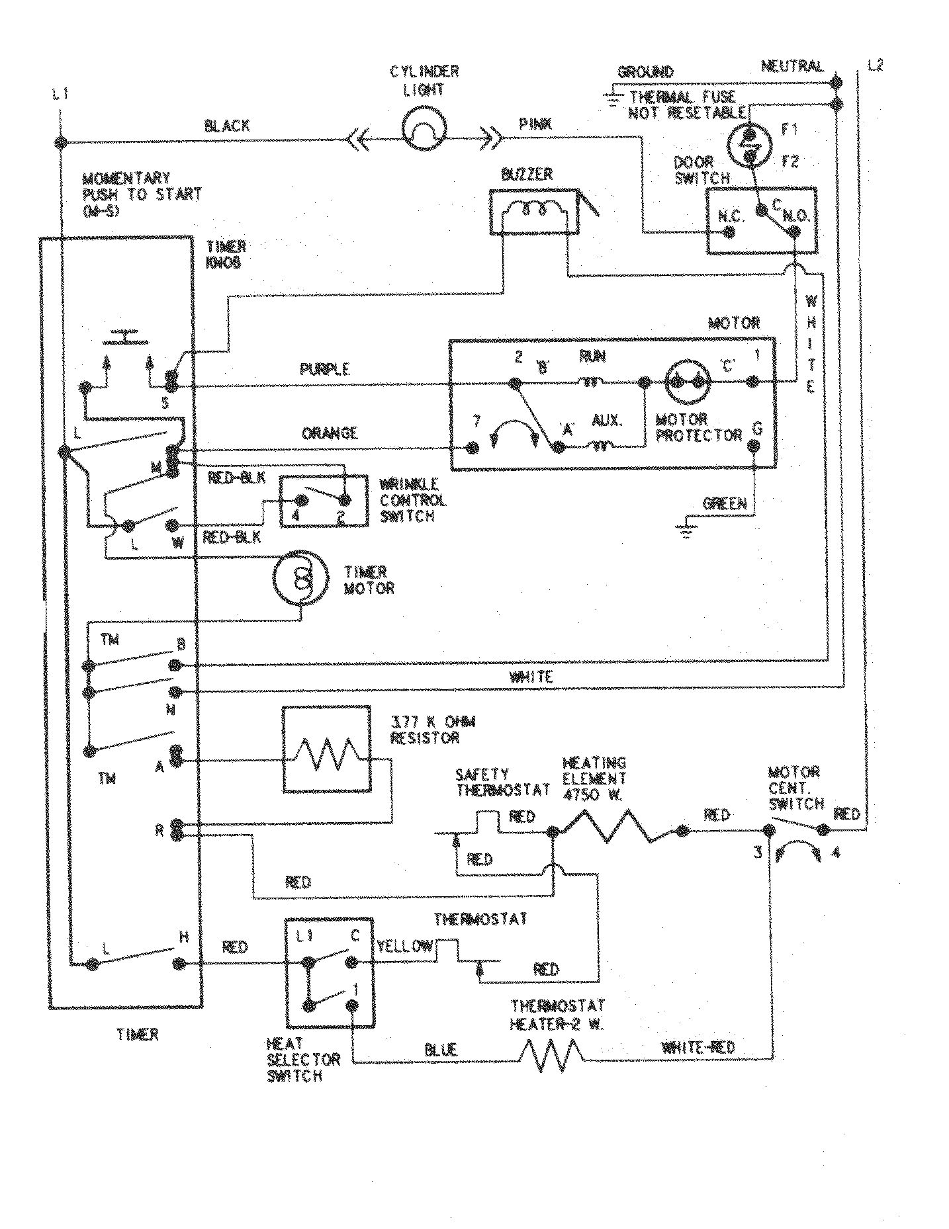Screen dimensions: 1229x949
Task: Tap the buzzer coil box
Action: (x=533, y=212)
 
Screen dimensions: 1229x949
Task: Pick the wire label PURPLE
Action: (x=324, y=370)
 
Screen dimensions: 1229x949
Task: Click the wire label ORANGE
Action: (x=330, y=433)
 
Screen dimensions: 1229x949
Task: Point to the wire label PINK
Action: (x=537, y=124)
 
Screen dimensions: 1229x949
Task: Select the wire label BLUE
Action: (x=440, y=1049)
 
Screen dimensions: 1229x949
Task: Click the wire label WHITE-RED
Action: (x=698, y=1048)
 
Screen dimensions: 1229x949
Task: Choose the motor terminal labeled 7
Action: (x=473, y=448)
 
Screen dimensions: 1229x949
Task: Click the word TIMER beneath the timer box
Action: (x=138, y=1034)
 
